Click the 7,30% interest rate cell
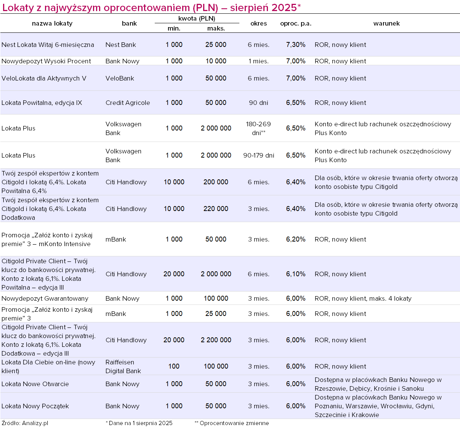click(295, 45)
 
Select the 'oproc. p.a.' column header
click(295, 23)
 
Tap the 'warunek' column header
click(386, 23)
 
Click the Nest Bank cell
click(120, 45)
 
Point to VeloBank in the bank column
click(120, 78)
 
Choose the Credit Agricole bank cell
click(128, 103)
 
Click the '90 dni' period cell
click(258, 103)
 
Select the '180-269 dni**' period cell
click(258, 128)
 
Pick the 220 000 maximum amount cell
click(216, 209)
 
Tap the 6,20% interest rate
click(295, 239)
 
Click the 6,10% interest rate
click(295, 274)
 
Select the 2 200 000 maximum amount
click(216, 340)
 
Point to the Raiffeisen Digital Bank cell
click(123, 366)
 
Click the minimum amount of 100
click(174, 366)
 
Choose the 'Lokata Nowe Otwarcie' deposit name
click(35, 384)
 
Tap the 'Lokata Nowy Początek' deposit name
click(35, 406)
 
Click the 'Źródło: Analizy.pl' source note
click(25, 423)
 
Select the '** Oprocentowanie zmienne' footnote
click(232, 423)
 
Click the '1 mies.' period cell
click(258, 61)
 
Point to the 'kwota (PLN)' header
click(197, 18)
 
